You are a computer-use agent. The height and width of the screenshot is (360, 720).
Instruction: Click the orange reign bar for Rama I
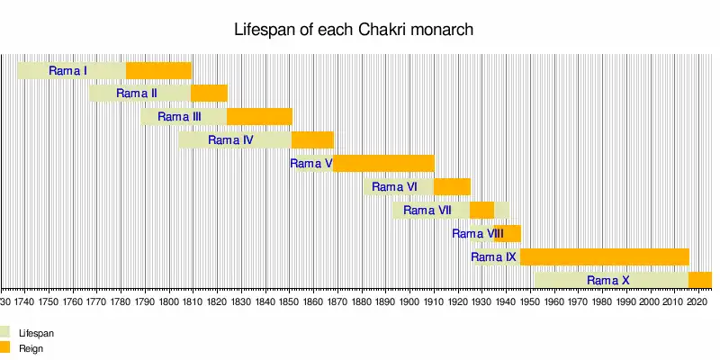click(x=158, y=70)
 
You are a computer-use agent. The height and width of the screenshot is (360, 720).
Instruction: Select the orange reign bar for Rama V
click(x=384, y=164)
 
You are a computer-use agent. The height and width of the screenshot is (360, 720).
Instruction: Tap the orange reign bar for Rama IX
click(x=604, y=257)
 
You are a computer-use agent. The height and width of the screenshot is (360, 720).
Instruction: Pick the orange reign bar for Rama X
click(x=700, y=280)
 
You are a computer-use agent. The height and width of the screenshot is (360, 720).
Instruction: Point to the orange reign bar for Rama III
click(x=259, y=117)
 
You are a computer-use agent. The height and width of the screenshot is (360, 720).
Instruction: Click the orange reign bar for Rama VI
click(x=452, y=187)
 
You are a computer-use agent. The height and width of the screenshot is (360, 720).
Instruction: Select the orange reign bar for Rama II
click(x=209, y=94)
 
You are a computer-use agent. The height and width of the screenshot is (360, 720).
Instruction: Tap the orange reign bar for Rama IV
click(x=312, y=140)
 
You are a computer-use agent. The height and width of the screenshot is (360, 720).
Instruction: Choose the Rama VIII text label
click(x=478, y=234)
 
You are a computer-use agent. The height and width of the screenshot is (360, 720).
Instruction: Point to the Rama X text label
click(x=608, y=281)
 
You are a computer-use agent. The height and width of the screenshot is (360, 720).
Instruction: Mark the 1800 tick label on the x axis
click(x=169, y=303)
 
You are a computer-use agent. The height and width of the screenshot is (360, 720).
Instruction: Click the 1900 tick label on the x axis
click(x=409, y=303)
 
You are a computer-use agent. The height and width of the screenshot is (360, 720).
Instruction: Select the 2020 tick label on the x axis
click(x=697, y=303)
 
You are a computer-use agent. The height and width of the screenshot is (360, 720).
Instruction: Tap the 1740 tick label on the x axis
click(x=25, y=303)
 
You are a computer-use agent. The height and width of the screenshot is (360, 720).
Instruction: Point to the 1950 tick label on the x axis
click(x=529, y=303)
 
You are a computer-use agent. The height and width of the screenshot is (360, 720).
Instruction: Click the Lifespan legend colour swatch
click(x=4, y=332)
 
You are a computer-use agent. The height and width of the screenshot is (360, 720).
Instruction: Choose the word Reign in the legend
click(x=31, y=347)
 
